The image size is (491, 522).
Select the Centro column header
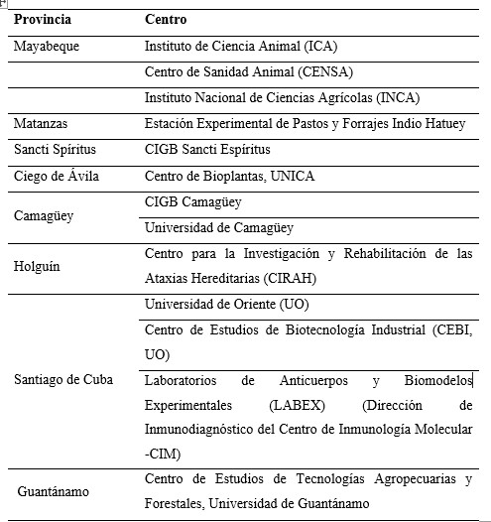pyautogui.click(x=166, y=20)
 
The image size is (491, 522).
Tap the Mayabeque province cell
pyautogui.click(x=47, y=46)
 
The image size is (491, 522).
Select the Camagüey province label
pyautogui.click(x=44, y=214)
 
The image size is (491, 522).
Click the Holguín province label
pyautogui.click(x=40, y=266)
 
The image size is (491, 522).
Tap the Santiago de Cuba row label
pyautogui.click(x=63, y=379)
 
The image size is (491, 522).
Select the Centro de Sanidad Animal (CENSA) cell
pyautogui.click(x=249, y=71)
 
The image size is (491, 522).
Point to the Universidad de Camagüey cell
pyautogui.click(x=219, y=227)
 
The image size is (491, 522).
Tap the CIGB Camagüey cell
pyautogui.click(x=193, y=201)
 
